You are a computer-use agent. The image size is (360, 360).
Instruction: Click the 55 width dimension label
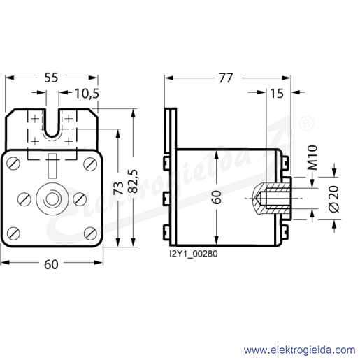[51, 78]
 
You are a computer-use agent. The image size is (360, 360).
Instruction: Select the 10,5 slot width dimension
[87, 94]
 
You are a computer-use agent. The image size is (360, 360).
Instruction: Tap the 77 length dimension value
[226, 78]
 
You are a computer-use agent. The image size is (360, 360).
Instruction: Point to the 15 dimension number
[277, 94]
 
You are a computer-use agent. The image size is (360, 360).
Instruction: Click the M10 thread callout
[312, 158]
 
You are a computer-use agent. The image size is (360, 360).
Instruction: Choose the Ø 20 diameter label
[333, 199]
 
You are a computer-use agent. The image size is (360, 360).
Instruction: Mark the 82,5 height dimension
[134, 181]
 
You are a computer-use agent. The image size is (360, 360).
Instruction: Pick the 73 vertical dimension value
[119, 188]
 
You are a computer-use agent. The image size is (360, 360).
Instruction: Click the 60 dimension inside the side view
[217, 197]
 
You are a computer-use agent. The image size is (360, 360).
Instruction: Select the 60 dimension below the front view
[51, 264]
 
